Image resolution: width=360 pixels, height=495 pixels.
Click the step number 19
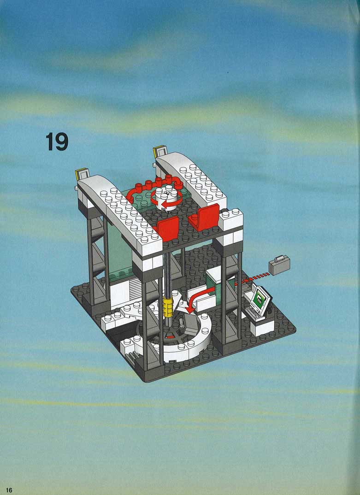57,141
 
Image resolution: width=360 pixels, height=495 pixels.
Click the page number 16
9,489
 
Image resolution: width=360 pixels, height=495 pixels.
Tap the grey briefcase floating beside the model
279,265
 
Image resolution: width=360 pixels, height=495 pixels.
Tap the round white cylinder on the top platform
165,198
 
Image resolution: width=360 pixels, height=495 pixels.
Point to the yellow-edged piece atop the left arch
82,174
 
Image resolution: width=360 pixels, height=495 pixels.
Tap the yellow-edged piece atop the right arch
159,151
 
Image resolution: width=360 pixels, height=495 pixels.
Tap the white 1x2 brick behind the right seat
231,218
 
